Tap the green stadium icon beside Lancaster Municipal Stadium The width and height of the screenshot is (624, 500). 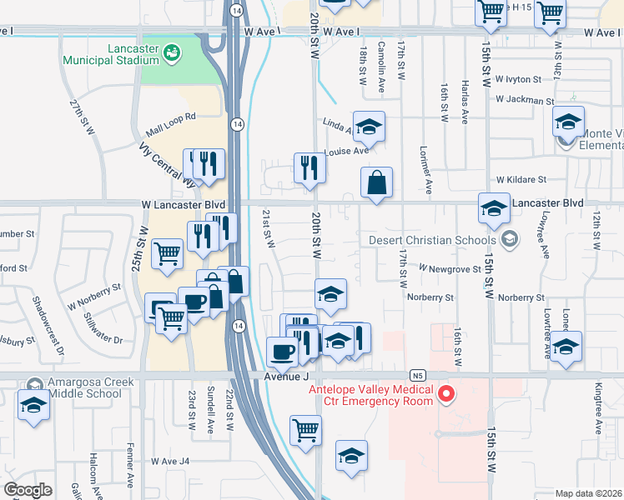(174, 53)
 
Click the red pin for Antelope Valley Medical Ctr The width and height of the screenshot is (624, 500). (445, 392)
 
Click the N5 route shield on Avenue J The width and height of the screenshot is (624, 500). (417, 375)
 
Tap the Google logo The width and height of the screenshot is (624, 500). (28, 490)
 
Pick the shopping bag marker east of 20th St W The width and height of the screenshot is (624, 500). (376, 182)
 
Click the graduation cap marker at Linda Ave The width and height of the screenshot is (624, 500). (369, 127)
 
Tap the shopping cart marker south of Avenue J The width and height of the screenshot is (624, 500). (305, 430)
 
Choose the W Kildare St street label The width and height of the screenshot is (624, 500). (521, 179)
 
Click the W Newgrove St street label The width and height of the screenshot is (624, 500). (450, 269)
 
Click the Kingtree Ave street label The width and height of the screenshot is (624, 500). (599, 415)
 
